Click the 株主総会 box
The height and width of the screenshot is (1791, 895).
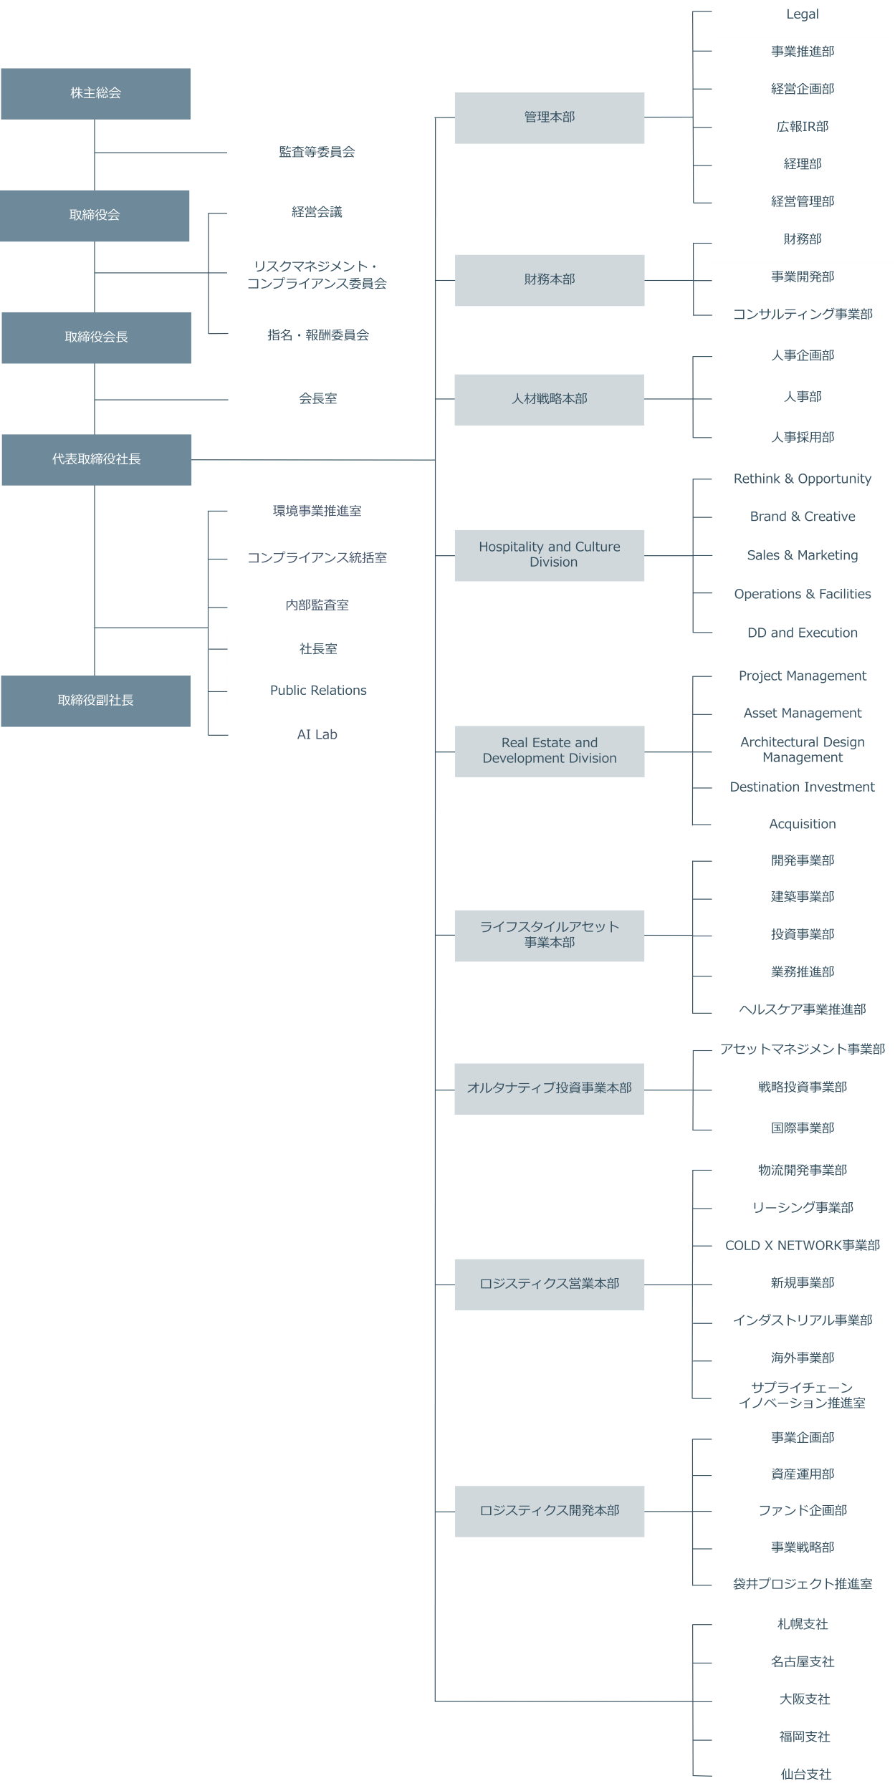tap(95, 94)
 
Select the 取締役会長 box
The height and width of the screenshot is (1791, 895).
tap(96, 337)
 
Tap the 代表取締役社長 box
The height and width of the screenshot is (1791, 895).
tap(96, 460)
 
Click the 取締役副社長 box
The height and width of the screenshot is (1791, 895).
tap(95, 701)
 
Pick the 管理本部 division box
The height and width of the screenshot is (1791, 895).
tap(549, 117)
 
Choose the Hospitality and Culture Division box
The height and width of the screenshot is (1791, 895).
tap(549, 555)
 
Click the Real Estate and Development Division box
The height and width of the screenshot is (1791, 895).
tap(549, 752)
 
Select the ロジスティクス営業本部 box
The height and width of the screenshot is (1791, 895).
tap(549, 1285)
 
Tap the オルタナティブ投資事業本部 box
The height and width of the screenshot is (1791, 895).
tap(549, 1089)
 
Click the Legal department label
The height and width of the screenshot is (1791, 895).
tap(803, 14)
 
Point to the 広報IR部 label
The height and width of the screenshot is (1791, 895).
tap(803, 127)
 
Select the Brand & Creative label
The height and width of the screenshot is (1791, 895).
tap(803, 517)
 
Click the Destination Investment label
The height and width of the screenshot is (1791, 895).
tap(803, 787)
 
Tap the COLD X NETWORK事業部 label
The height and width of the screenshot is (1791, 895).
tap(803, 1245)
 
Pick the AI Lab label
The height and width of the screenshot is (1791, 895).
tap(317, 734)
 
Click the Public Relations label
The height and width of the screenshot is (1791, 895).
tap(318, 691)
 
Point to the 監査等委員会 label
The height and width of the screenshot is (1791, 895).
tap(317, 152)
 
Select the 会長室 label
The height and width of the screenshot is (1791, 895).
tap(318, 398)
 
